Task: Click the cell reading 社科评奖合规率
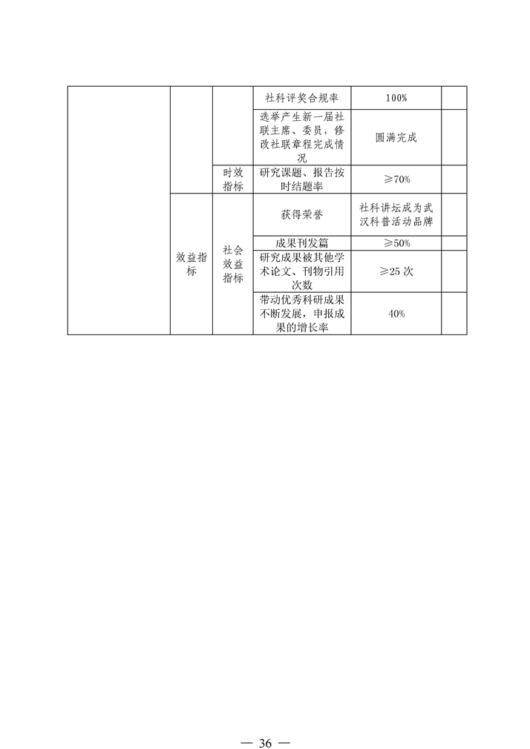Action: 302,98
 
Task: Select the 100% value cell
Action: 396,98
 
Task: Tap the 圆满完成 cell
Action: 396,138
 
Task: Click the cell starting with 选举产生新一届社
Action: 302,138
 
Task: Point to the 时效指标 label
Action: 233,179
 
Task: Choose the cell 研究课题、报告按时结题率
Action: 302,179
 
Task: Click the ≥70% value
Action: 396,179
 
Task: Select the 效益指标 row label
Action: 192,264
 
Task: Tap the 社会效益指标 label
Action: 233,264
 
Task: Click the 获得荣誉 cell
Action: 302,214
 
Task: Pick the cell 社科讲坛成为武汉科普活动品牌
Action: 396,214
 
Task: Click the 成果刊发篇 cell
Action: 302,243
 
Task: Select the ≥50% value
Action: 396,243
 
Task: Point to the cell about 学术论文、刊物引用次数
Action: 302,271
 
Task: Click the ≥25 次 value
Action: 396,271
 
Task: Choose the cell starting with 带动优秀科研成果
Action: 302,314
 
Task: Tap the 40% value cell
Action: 396,314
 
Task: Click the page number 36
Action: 265,743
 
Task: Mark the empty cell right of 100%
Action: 454,98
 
